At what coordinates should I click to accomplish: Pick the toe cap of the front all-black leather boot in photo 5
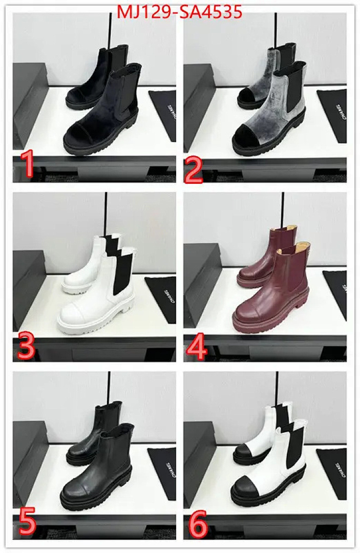pyautogui.click(x=77, y=491)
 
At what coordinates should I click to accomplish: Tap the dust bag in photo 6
pyautogui.click(x=333, y=471)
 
